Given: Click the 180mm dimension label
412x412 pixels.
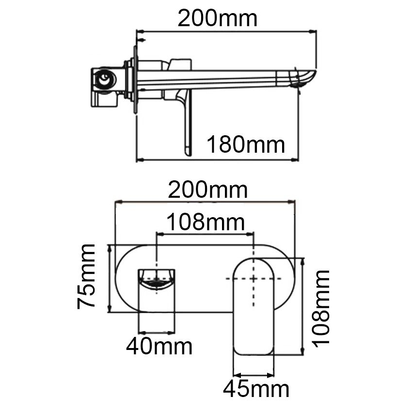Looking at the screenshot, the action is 246,144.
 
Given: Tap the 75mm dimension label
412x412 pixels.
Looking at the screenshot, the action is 86,276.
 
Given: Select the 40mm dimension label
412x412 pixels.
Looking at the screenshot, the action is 159,347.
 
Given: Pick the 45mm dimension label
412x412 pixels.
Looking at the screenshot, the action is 256,389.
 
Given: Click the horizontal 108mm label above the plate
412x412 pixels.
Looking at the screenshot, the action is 206,222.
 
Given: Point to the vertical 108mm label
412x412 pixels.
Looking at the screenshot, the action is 320,308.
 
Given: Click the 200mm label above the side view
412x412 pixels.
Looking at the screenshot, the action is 218,18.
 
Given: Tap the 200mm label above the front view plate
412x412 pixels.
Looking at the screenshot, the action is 207,190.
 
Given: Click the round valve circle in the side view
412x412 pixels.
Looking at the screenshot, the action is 105,79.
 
